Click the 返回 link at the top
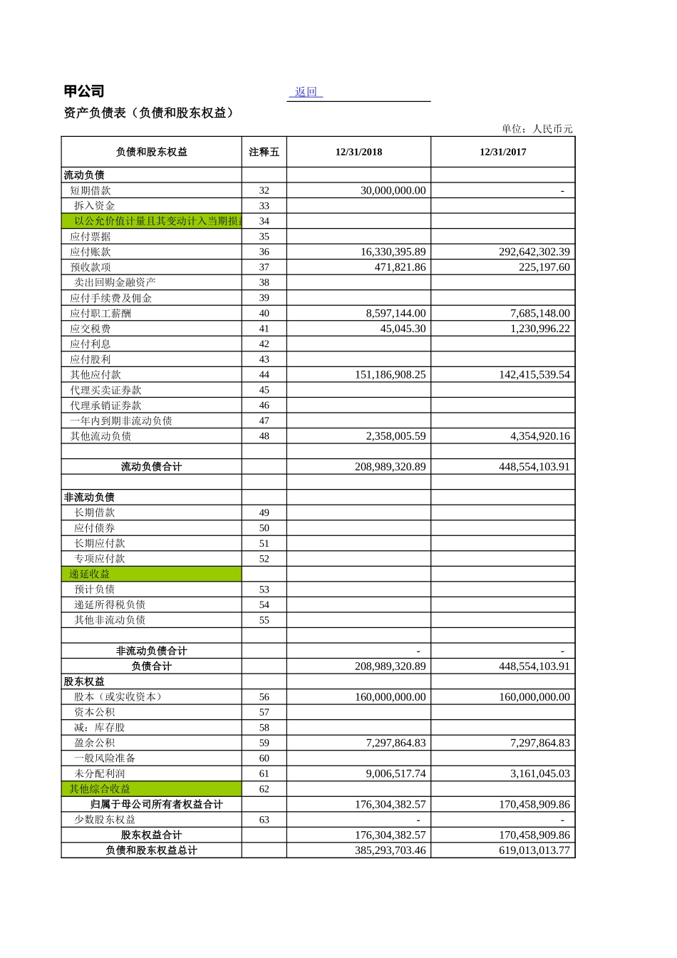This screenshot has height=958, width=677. tap(306, 92)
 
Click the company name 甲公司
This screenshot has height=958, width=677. tap(84, 91)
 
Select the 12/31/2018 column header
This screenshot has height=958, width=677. tap(358, 152)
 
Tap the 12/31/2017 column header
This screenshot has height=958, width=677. tap(502, 152)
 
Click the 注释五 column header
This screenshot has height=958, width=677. tap(264, 152)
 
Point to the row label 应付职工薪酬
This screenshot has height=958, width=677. tap(100, 314)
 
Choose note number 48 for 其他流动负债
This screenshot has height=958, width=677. tap(264, 436)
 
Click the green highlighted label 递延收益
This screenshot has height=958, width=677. tap(90, 574)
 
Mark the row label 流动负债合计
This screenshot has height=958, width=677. tap(151, 467)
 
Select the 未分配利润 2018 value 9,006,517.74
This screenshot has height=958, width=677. tap(396, 773)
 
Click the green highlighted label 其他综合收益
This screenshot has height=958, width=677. tap(100, 789)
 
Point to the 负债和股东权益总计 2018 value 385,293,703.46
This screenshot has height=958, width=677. tap(390, 850)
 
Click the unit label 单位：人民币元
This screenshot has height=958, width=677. tap(537, 129)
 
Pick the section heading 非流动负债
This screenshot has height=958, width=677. tap(89, 498)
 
